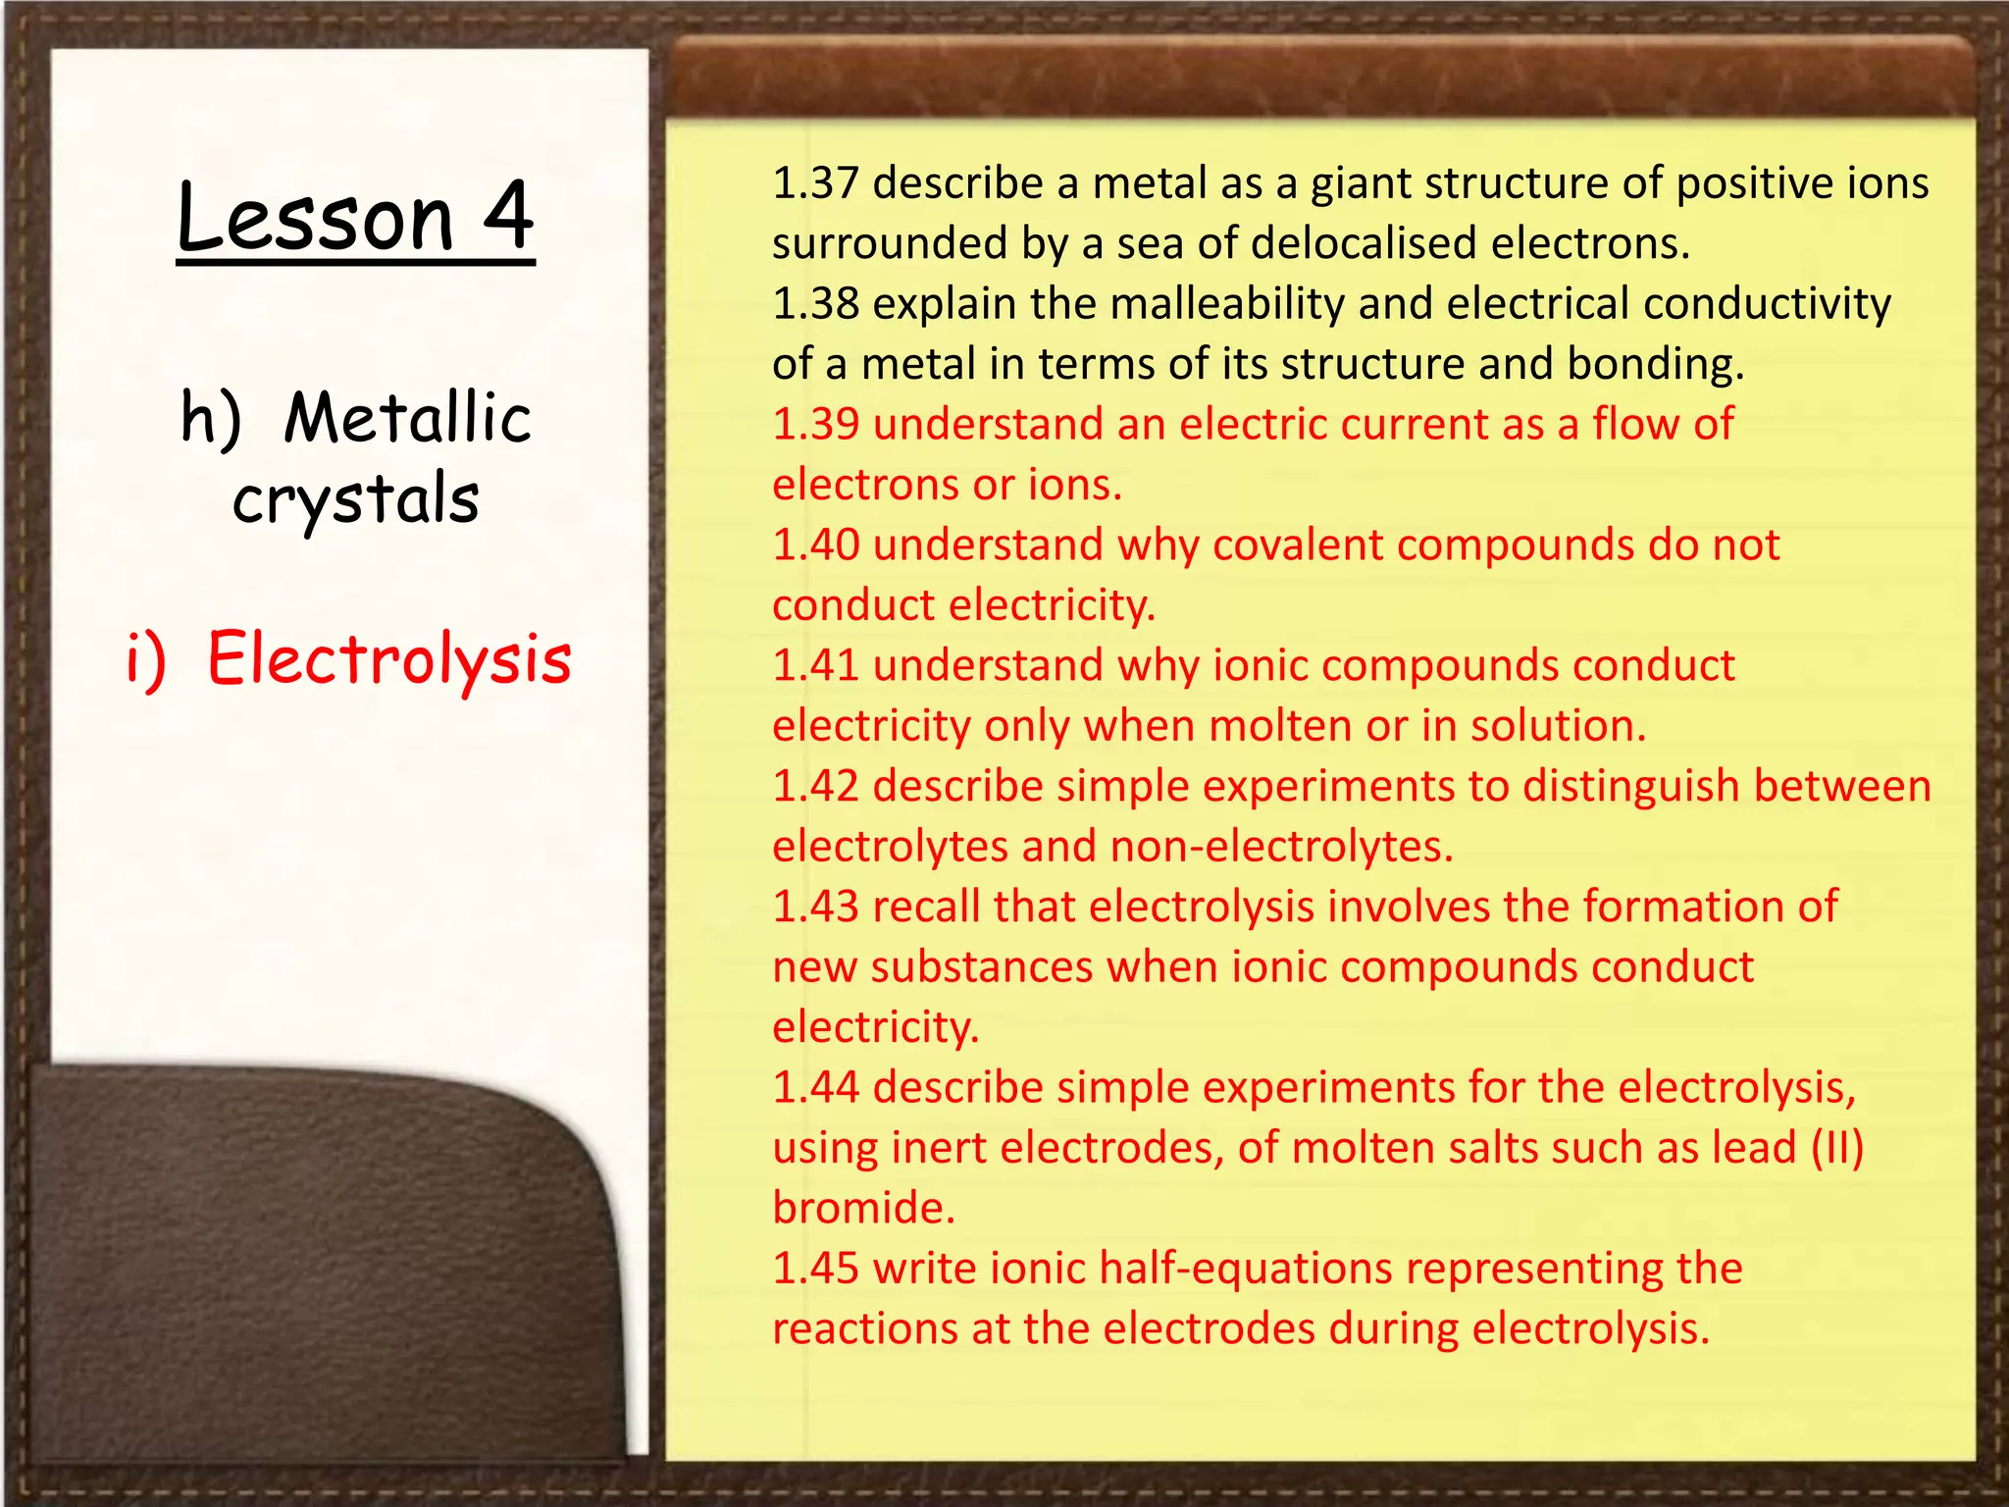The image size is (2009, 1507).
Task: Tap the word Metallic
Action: click(x=407, y=418)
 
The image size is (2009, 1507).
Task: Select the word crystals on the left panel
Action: click(x=356, y=499)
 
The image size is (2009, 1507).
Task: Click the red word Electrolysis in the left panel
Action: click(x=389, y=658)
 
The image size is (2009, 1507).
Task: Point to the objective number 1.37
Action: click(x=815, y=183)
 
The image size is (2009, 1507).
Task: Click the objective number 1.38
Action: click(x=815, y=304)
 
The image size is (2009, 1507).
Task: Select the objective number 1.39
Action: click(x=815, y=425)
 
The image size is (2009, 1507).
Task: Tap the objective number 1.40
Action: click(x=815, y=546)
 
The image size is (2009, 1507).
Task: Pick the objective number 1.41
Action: click(x=815, y=666)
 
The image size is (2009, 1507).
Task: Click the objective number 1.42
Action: click(x=815, y=787)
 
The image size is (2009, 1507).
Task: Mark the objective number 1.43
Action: click(x=815, y=908)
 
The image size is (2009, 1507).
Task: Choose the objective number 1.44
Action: click(x=815, y=1088)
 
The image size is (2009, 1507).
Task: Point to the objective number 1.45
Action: click(x=815, y=1269)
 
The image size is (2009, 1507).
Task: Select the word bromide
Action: click(x=863, y=1208)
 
